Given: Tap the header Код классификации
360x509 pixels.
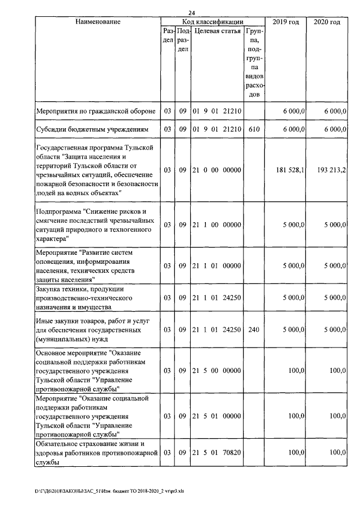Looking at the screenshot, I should [213, 22].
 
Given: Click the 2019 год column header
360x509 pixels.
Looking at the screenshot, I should [285, 22].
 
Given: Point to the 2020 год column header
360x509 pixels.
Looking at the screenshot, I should [326, 22].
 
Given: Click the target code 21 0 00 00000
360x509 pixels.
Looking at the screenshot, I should [217, 169].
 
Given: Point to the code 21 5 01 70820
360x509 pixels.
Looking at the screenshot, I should [217, 453].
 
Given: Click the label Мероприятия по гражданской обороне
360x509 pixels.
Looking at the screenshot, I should [95, 111].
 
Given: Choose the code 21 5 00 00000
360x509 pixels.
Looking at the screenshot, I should [217, 371].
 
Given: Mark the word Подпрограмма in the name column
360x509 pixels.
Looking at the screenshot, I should [58, 211].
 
